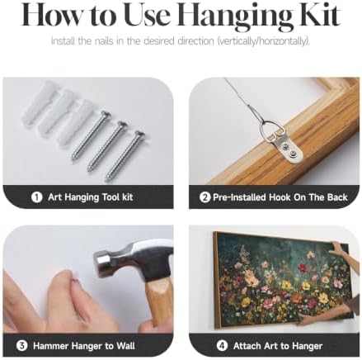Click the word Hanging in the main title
pos(236,16)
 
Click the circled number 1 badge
pos(36,197)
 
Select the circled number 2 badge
pos(205,197)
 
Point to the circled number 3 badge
pos(21,345)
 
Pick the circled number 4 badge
pos(222,345)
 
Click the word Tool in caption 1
pos(111,197)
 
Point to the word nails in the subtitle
pos(105,41)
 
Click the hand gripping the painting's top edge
pos(340,249)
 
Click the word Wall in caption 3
pos(125,346)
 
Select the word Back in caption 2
pos(337,197)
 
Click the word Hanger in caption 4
pos(307,346)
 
